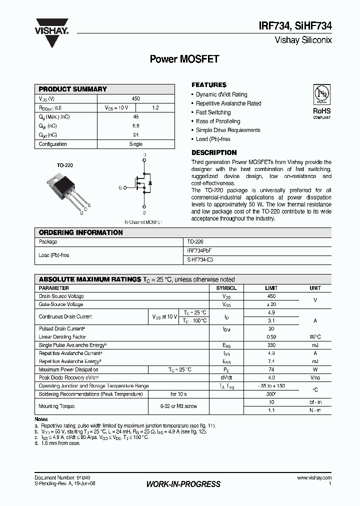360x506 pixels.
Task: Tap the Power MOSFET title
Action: click(x=184, y=59)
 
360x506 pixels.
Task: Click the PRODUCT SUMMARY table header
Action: click(x=73, y=89)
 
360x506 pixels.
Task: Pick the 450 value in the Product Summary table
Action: click(x=135, y=98)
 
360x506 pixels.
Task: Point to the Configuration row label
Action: click(x=53, y=144)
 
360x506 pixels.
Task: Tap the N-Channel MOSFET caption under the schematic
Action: click(x=143, y=221)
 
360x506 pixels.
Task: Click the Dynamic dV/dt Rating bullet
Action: click(x=221, y=94)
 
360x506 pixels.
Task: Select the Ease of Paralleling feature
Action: click(x=218, y=121)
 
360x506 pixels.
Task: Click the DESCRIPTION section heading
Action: click(x=214, y=152)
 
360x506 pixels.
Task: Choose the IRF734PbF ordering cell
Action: click(x=203, y=250)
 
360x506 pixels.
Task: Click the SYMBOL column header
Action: click(x=226, y=288)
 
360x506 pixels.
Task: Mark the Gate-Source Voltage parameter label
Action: click(x=61, y=304)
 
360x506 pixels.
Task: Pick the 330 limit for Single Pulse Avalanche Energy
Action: click(x=271, y=345)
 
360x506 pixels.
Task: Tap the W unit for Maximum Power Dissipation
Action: click(x=315, y=369)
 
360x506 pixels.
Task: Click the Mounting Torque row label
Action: click(x=56, y=406)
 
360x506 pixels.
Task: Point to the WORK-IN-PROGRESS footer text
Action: click(x=183, y=484)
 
